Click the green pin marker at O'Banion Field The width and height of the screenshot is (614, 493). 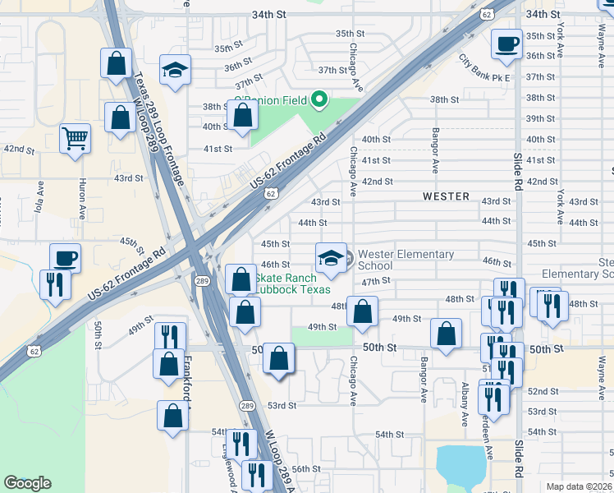pyautogui.click(x=319, y=101)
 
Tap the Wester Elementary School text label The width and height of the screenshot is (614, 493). pyautogui.click(x=406, y=260)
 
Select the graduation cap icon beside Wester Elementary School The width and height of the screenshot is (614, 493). pyautogui.click(x=331, y=258)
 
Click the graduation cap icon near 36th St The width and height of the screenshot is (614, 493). pyautogui.click(x=175, y=70)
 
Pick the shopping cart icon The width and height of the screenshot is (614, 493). pyautogui.click(x=75, y=139)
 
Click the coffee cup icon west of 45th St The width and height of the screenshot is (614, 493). pyautogui.click(x=65, y=258)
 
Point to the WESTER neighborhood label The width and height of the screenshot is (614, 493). pyautogui.click(x=446, y=197)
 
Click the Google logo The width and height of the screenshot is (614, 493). pyautogui.click(x=27, y=483)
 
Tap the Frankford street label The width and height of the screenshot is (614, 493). pyautogui.click(x=188, y=385)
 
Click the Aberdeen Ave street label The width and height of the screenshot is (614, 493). pyautogui.click(x=490, y=435)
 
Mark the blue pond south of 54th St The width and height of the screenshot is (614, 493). pyautogui.click(x=461, y=465)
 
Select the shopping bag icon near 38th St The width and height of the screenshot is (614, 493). pyautogui.click(x=242, y=117)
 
